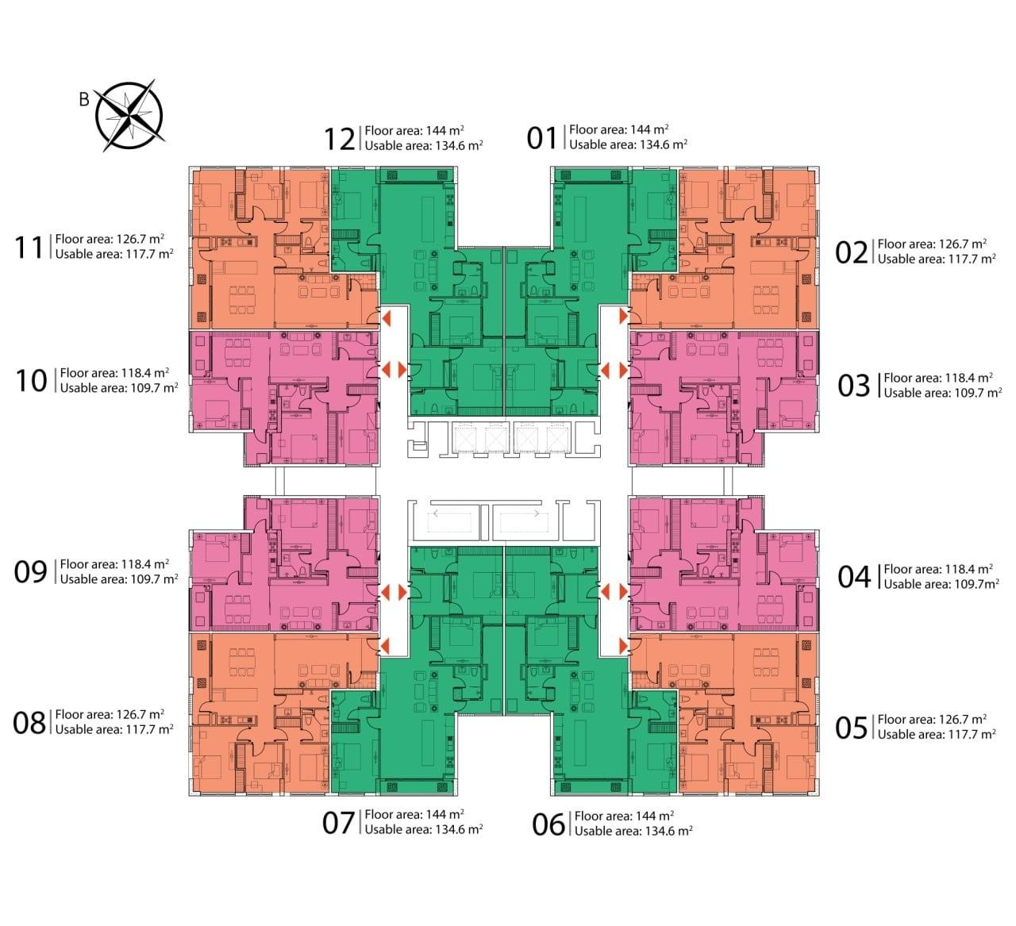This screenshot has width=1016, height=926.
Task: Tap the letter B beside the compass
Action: pos(84,99)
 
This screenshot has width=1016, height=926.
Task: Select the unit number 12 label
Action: pos(340,139)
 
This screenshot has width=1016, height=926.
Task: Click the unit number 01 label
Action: pos(542,138)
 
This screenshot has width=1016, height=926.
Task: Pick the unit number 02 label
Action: pos(852,252)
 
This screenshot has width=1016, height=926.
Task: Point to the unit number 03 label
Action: pos(854,386)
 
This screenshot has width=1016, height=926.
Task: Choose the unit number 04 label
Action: pos(854,577)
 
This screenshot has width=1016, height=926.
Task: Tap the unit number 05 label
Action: pos(852,728)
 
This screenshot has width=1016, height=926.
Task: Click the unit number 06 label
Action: pos(548,824)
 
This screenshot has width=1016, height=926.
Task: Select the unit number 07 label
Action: pos(338,823)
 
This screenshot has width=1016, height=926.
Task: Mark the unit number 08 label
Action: pos(29,723)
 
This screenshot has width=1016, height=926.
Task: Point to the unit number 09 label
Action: pos(30,572)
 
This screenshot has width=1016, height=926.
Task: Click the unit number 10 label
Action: pos(32,381)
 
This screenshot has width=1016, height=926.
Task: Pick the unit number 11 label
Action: pos(29,248)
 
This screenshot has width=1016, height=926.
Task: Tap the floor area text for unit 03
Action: pos(938,378)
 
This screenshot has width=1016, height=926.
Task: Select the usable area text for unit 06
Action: pos(633,831)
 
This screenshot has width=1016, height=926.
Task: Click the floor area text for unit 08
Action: pos(110,714)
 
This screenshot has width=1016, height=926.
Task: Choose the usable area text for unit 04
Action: pos(941,584)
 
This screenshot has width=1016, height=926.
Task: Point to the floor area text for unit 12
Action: pos(414,131)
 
